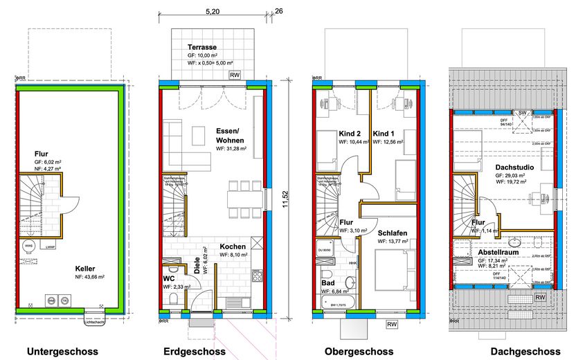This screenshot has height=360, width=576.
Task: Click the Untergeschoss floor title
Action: [62, 352]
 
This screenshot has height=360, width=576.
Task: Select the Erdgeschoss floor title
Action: [195, 352]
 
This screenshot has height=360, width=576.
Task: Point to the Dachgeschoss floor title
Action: [525, 352]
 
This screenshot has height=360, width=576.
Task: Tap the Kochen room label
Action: [233, 246]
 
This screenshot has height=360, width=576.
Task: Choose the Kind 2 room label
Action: [331, 134]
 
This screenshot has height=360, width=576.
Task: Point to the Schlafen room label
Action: [391, 233]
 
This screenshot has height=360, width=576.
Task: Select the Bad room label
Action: [328, 283]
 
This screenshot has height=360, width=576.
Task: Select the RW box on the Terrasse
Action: [235, 75]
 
